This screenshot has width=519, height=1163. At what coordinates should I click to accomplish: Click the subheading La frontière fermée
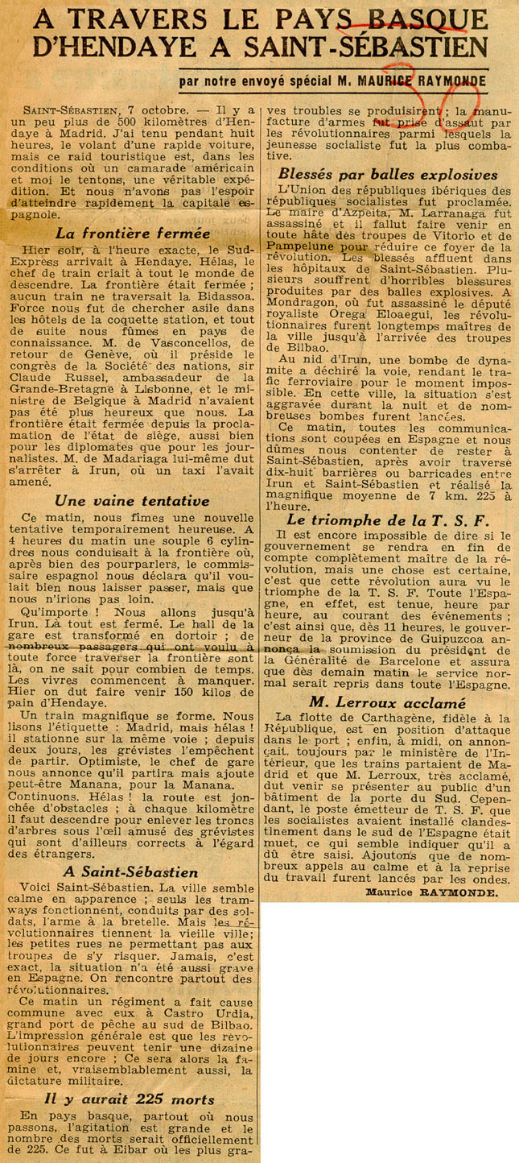click(134, 234)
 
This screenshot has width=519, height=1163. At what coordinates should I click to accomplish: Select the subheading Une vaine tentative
click(134, 500)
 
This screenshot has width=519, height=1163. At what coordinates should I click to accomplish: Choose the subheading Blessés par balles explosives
click(388, 175)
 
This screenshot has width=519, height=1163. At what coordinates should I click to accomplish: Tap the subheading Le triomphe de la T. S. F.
click(388, 520)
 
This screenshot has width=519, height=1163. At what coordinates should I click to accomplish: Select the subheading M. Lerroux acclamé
click(388, 702)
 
